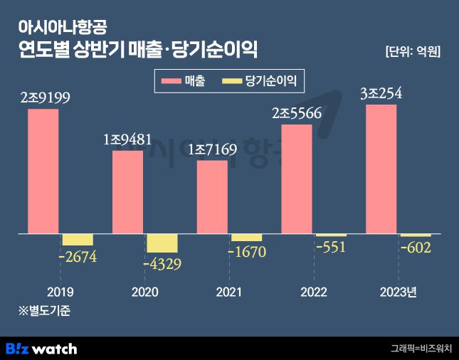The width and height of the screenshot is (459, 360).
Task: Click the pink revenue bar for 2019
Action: click(43, 171)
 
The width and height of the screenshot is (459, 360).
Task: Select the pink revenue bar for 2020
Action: click(127, 191)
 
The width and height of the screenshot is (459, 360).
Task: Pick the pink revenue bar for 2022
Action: click(297, 179)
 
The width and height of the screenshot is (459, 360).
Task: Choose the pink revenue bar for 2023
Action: click(381, 169)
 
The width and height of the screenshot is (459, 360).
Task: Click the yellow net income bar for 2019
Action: click(78, 240)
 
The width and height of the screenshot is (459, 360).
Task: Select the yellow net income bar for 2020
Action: click(162, 243)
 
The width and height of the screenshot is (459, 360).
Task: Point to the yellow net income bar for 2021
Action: click(246, 238)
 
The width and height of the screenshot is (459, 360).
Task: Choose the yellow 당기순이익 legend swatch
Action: click(233, 82)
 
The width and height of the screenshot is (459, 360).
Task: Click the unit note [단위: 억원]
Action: click(412, 51)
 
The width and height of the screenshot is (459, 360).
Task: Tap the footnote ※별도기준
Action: click(43, 310)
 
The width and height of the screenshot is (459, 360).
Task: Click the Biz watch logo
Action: click(41, 349)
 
